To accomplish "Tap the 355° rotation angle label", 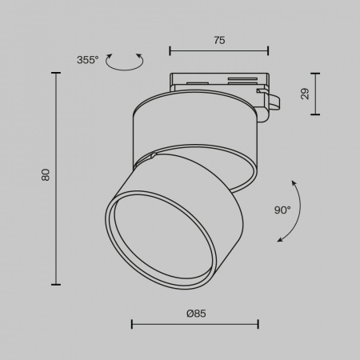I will click(x=87, y=60).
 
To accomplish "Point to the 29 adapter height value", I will click(x=306, y=94).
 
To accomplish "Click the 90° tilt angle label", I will click(x=282, y=210).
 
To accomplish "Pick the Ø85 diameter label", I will click(x=196, y=314).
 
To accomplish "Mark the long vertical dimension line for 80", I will click(x=57, y=178).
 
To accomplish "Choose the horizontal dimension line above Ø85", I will click(x=194, y=324).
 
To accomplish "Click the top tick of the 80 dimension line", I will click(x=57, y=73).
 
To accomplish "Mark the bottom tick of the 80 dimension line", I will click(x=57, y=283).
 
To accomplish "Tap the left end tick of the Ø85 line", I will click(x=132, y=324).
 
